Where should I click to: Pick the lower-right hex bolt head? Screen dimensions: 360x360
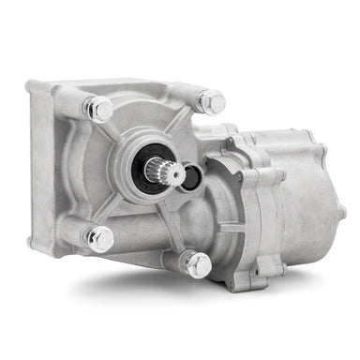pyautogui.click(x=198, y=265)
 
